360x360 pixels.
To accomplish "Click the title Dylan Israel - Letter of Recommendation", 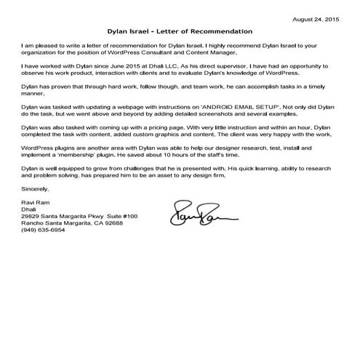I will coord(180,32).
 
